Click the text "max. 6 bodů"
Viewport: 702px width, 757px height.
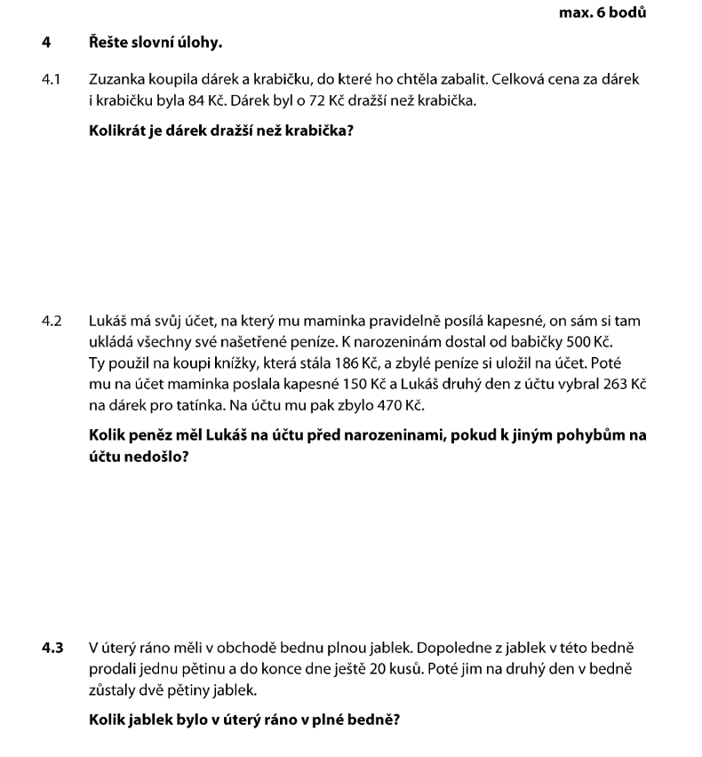coord(602,13)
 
